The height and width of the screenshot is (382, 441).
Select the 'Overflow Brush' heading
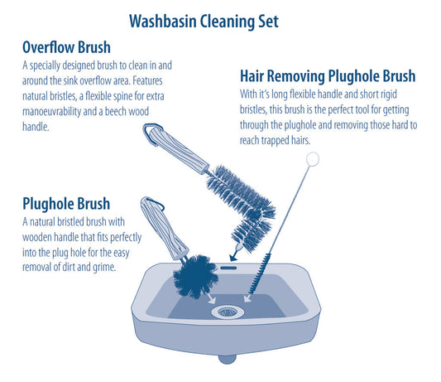click(x=66, y=47)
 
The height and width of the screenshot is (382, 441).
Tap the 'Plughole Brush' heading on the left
click(x=66, y=203)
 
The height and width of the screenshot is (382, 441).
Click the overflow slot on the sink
click(x=228, y=268)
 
